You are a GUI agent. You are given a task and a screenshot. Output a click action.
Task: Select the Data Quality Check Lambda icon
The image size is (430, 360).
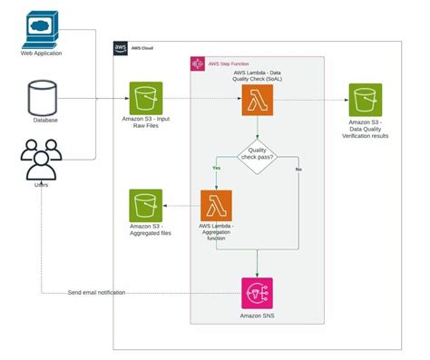click(x=257, y=99)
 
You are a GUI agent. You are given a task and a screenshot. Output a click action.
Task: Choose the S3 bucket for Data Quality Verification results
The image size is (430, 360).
click(x=366, y=99)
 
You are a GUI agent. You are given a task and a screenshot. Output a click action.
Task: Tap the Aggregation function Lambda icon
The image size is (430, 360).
click(x=217, y=206)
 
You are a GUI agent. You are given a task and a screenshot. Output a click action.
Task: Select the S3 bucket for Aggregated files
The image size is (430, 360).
click(x=145, y=206)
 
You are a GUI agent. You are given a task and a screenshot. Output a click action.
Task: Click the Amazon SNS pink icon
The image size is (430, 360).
click(x=257, y=293)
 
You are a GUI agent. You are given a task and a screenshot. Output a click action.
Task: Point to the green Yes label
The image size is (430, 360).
click(x=216, y=169)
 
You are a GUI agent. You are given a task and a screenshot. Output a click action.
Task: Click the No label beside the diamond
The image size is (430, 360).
click(x=298, y=170)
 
